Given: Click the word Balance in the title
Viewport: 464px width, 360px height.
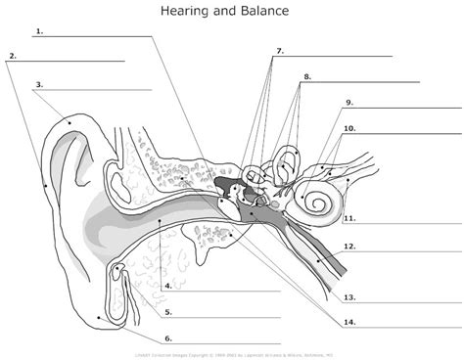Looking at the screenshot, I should tap(264, 10).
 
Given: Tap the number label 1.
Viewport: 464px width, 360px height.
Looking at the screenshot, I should tap(38, 31).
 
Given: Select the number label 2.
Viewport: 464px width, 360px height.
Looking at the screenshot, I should tap(12, 56).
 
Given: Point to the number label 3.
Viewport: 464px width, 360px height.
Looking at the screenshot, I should tap(38, 85).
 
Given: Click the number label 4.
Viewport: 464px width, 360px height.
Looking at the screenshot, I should tap(168, 286).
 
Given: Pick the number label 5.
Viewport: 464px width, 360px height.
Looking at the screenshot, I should tap(168, 313).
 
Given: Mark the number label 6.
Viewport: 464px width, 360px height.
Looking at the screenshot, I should tap(168, 337).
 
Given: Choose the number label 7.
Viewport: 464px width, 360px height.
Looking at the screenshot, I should tap(280, 51).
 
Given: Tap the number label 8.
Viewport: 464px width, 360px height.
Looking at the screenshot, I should tap(307, 76).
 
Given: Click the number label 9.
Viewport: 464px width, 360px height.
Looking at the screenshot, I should tap(348, 103).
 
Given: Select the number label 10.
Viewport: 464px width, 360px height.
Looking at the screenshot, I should tap(349, 128).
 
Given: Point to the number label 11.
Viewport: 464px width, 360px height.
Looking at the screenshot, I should tap(349, 219).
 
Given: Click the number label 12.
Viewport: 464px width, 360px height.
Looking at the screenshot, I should tap(349, 247).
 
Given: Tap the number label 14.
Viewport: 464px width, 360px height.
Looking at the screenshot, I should tap(349, 323).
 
